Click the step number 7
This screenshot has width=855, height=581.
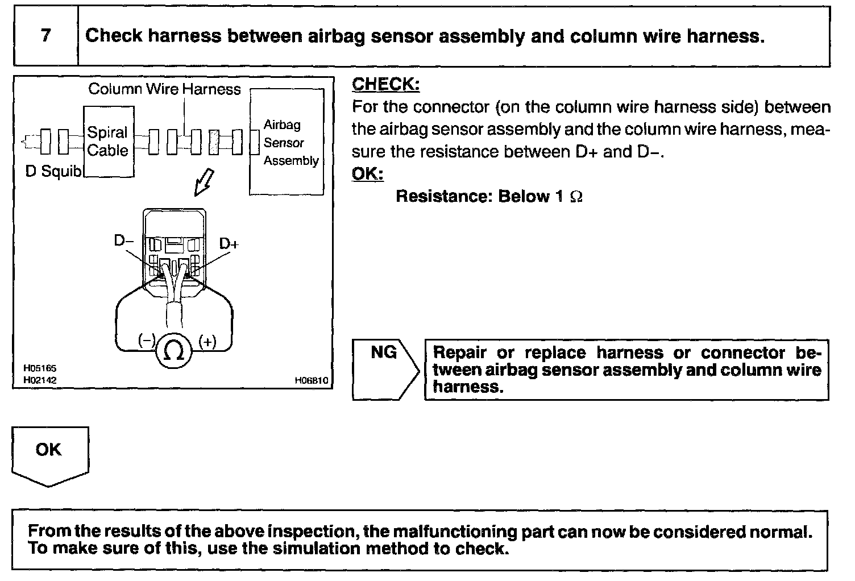(46, 35)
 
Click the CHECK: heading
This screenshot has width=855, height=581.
(385, 84)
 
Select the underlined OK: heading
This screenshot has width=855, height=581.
(367, 173)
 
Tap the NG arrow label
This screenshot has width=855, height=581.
(384, 352)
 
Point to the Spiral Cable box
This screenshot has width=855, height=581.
(108, 142)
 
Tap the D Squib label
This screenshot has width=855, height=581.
(54, 171)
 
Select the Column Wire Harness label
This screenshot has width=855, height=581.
(164, 89)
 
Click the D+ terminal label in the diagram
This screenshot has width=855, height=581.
(229, 244)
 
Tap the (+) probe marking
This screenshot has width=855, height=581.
(207, 342)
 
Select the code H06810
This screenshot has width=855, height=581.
(311, 381)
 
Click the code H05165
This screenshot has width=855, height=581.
(40, 368)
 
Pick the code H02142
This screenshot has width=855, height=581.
(40, 380)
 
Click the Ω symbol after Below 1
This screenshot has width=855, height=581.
(575, 197)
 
